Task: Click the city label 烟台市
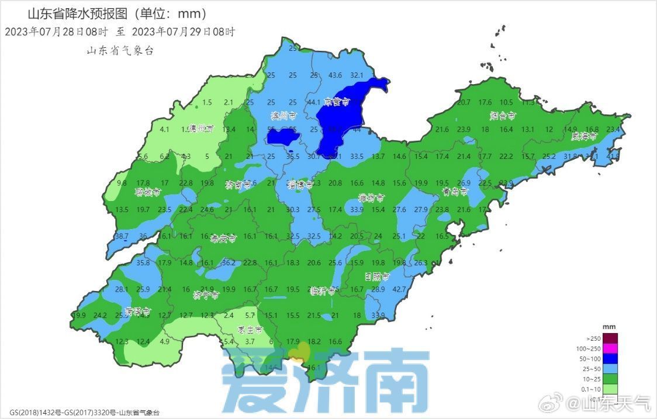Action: pos(503,115)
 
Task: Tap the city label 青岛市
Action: pos(455,192)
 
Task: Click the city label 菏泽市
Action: pos(138,310)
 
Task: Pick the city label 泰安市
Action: pos(223,238)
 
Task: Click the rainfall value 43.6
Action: pos(336,75)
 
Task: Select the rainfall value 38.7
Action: pos(122,236)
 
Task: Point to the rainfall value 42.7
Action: pos(399,289)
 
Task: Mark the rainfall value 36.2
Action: pos(229,263)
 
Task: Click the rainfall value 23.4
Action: pos(613,129)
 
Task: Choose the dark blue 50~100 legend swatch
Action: pos(610,359)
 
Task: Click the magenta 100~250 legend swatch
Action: pos(610,349)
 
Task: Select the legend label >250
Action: pos(593,338)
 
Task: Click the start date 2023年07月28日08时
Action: pos(56,32)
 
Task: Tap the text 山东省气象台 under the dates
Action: pos(120,51)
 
